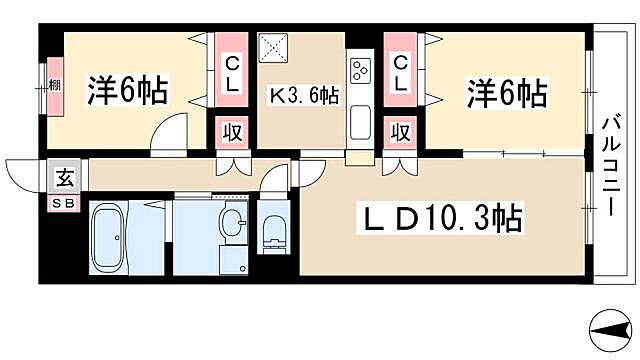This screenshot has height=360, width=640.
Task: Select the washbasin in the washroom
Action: click(x=231, y=222)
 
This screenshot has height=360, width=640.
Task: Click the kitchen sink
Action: click(x=360, y=125)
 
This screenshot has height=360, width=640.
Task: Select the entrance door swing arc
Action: click(x=22, y=173)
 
